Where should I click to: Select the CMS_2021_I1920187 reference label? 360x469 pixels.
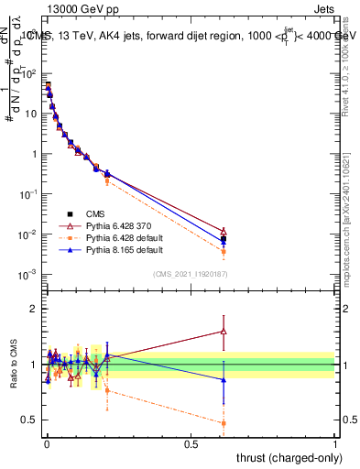coord(190,273)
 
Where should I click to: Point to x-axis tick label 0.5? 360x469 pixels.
coord(191,443)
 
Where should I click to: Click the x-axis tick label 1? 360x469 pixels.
coord(335,443)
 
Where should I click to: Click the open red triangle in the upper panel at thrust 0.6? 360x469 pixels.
coord(224,231)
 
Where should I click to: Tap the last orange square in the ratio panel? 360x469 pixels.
coord(224,423)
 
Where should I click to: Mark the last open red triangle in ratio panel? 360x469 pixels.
coord(224,332)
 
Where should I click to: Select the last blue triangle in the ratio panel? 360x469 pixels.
coord(224,379)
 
